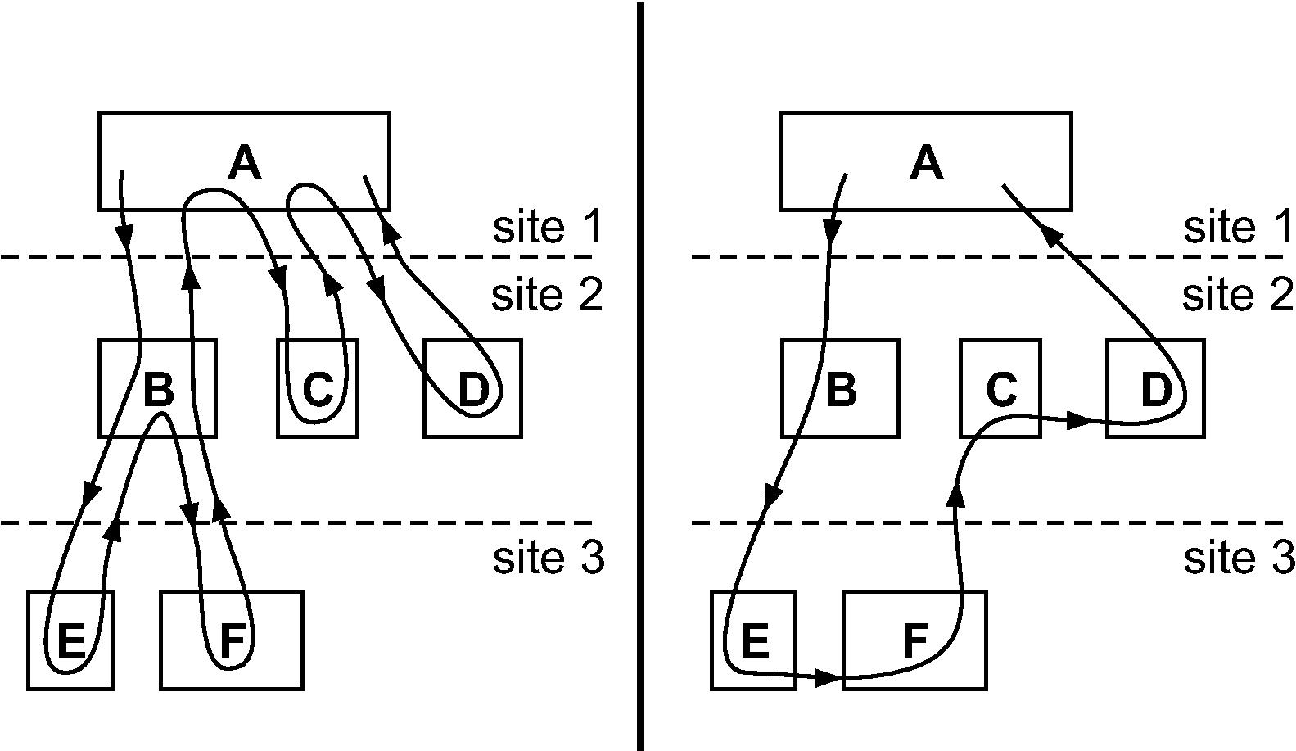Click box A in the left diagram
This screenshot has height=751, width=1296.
tap(243, 161)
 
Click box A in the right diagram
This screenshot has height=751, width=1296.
tap(926, 161)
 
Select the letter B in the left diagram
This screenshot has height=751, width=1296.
tap(158, 389)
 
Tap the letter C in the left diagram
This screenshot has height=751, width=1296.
tap(318, 389)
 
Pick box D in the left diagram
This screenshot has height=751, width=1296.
tap(472, 388)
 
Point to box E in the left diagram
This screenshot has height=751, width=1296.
tap(70, 640)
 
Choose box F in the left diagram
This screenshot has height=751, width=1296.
tap(232, 640)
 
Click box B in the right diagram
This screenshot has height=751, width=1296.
tap(840, 388)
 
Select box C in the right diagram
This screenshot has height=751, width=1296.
tap(1000, 388)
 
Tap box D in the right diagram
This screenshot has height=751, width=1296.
tap(1154, 388)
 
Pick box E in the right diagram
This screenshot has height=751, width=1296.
tap(753, 640)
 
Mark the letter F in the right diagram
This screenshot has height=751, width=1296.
tap(914, 640)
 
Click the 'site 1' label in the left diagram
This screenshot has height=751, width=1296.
tap(547, 228)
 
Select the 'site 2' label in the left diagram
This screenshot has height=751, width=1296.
tap(547, 295)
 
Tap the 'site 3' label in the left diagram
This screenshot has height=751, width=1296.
tap(548, 558)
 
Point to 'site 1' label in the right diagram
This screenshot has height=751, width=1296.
tap(1238, 228)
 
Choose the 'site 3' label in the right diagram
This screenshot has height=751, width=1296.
tap(1239, 558)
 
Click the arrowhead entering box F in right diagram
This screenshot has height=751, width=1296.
tap(829, 677)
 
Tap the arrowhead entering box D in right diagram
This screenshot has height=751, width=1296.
tap(1080, 421)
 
